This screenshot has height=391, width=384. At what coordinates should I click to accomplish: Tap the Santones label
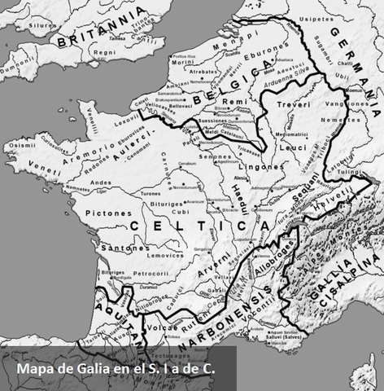pos(105,246)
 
